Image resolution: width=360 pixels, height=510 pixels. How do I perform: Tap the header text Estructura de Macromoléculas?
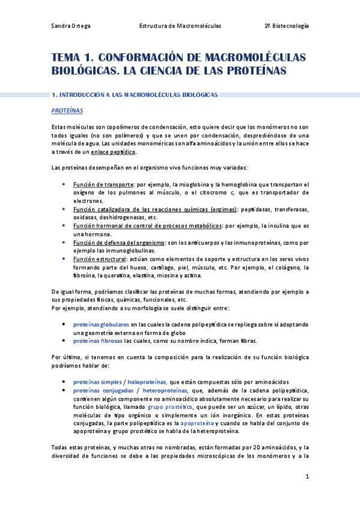pyautogui.click(x=180, y=26)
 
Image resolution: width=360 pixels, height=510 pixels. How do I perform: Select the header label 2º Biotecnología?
pyautogui.click(x=287, y=26)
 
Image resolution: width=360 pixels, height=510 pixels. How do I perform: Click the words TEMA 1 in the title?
pyautogui.click(x=72, y=58)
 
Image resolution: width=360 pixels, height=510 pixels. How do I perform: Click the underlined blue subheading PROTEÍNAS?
pyautogui.click(x=67, y=111)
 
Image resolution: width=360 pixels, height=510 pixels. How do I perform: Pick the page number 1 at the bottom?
pyautogui.click(x=307, y=477)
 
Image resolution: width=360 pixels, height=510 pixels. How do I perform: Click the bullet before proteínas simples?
pyautogui.click(x=64, y=382)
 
